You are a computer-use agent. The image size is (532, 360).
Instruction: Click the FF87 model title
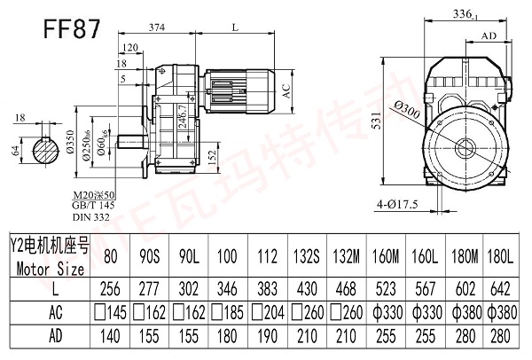coord(70,26)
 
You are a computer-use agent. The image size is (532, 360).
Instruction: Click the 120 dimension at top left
coord(130,47)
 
